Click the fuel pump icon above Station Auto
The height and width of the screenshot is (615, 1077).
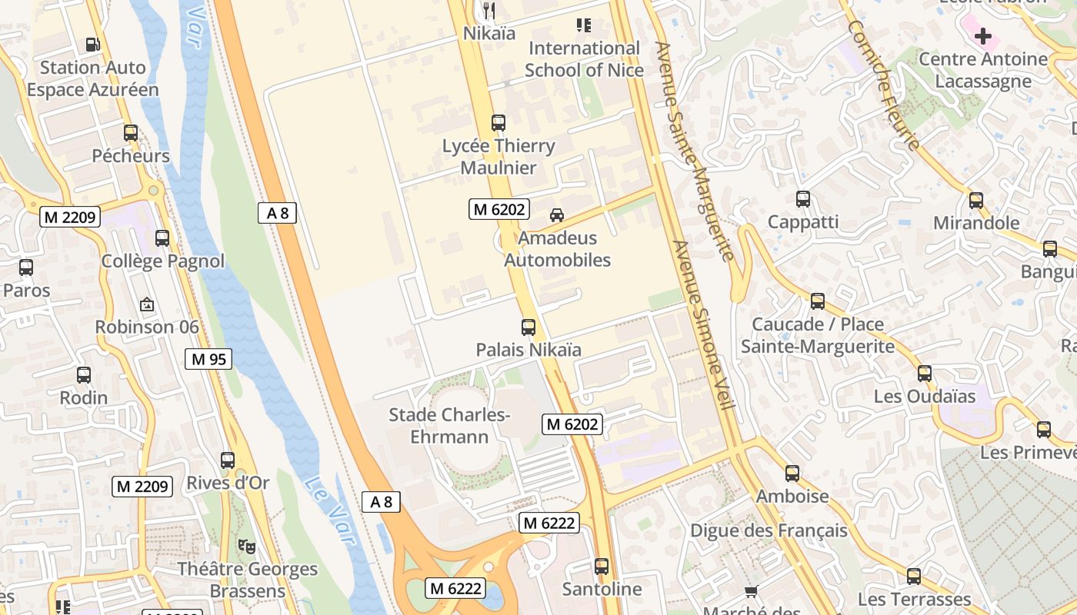pyautogui.click(x=93, y=45)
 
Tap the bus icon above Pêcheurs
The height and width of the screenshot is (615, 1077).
pyautogui.click(x=131, y=132)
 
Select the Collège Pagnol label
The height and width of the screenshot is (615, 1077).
pyautogui.click(x=163, y=261)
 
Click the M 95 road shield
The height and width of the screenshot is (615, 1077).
pyautogui.click(x=208, y=358)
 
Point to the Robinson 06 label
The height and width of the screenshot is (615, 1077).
pyautogui.click(x=147, y=327)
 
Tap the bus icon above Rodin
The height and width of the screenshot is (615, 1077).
pyautogui.click(x=84, y=375)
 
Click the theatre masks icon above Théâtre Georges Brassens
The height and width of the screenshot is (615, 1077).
pyautogui.click(x=246, y=546)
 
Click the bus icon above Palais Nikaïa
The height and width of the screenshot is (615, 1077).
pyautogui.click(x=528, y=327)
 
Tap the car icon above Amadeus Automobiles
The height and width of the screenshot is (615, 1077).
pyautogui.click(x=557, y=215)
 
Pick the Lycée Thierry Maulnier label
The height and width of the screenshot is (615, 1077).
pyautogui.click(x=498, y=157)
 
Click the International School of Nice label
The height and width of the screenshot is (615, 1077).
pyautogui.click(x=584, y=59)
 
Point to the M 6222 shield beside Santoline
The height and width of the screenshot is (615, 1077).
pyautogui.click(x=549, y=523)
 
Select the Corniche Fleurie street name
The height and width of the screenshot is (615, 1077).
pyautogui.click(x=884, y=85)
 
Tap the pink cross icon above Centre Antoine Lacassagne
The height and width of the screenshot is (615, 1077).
pyautogui.click(x=982, y=35)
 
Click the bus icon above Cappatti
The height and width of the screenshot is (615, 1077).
pyautogui.click(x=803, y=199)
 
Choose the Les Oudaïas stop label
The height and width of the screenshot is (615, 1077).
pyautogui.click(x=925, y=397)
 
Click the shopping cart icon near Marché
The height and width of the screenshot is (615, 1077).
pyautogui.click(x=752, y=591)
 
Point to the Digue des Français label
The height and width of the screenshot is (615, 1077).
pyautogui.click(x=769, y=530)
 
